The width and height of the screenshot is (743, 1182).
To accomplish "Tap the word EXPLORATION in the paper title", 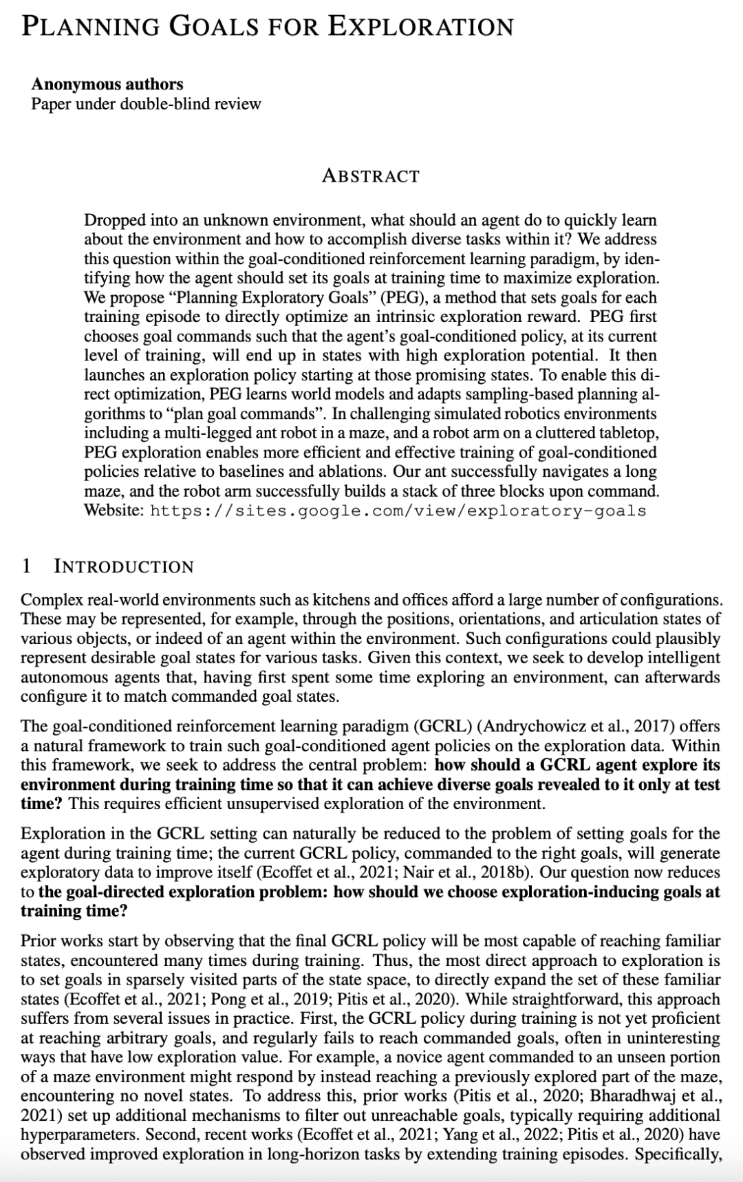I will pos(420,26).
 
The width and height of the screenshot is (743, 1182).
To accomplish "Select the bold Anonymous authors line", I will pos(107,84).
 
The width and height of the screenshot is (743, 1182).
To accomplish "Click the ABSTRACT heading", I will pos(370,175).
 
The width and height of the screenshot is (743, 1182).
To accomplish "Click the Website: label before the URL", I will pos(114,511).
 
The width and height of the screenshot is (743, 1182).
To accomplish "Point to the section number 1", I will pos(26,566).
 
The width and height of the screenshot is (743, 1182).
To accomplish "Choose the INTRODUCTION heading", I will pos(124,566).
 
